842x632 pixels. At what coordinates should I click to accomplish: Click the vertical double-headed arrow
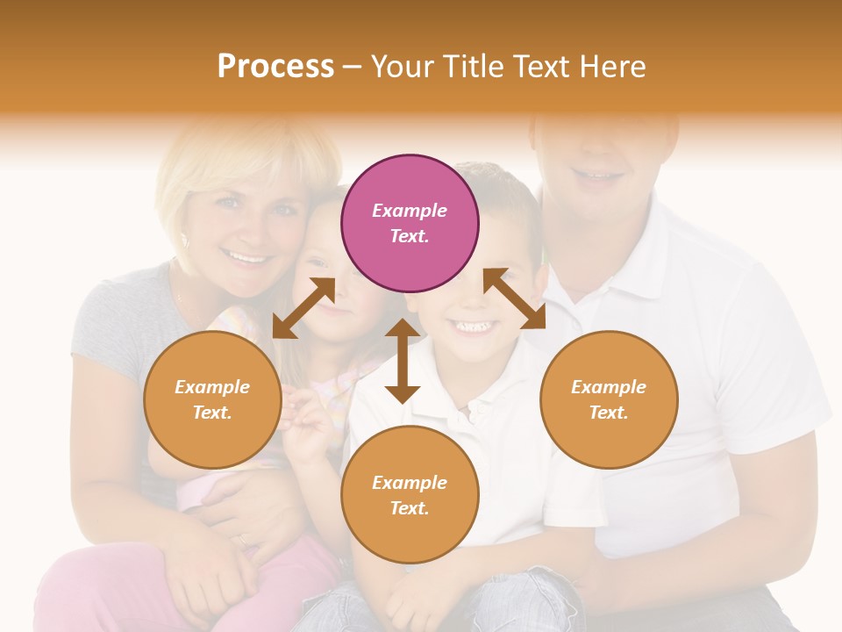403,361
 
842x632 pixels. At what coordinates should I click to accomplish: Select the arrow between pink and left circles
303,307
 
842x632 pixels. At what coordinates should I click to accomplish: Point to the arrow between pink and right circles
515,299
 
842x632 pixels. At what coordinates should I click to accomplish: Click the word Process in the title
275,66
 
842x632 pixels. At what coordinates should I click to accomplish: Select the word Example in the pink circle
410,211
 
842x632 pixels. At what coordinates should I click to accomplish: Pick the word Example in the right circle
609,387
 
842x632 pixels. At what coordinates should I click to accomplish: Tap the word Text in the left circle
211,413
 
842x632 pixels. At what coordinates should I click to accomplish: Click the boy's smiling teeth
473,327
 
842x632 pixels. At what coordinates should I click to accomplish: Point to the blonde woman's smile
247,257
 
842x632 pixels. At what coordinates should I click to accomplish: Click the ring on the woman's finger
241,541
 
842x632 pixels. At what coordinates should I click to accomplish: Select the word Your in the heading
399,66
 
